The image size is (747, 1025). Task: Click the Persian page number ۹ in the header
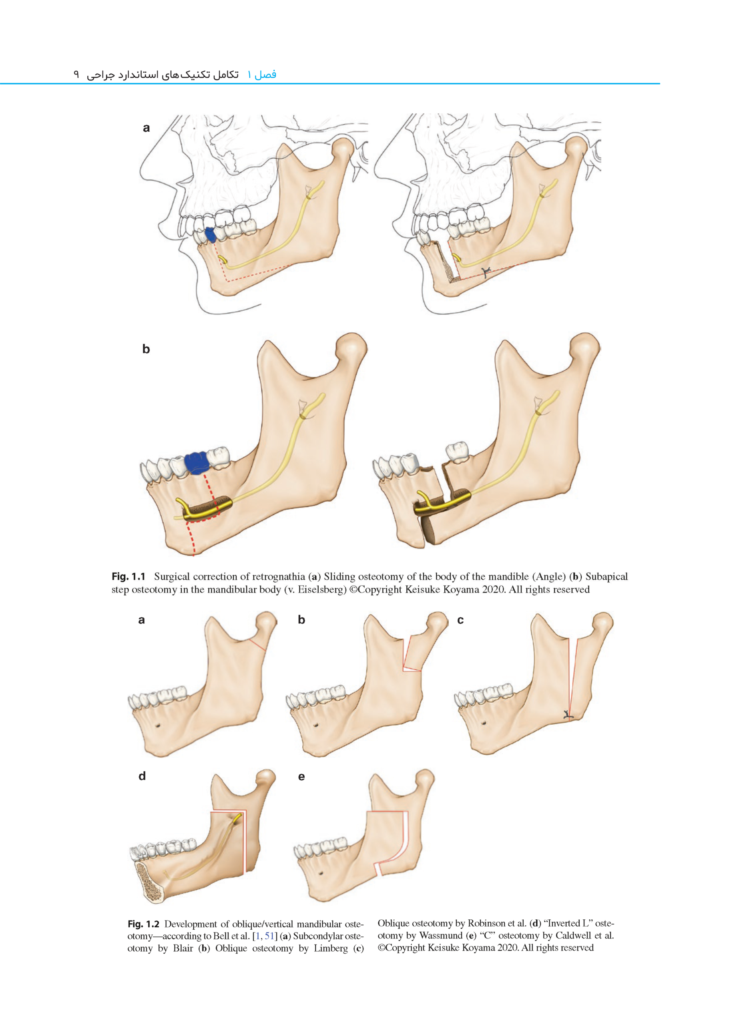tap(76, 74)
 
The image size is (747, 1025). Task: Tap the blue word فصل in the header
tap(265, 74)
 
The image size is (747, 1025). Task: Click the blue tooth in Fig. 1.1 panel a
tap(210, 235)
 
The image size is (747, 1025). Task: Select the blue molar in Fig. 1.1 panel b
tap(196, 462)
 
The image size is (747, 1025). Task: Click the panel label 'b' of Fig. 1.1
tap(146, 349)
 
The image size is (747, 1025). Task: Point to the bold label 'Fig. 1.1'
tap(129, 577)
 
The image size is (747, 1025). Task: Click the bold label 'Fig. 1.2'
tap(143, 924)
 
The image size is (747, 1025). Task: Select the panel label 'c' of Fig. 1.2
tap(460, 620)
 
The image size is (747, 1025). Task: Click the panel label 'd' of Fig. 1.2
tap(142, 776)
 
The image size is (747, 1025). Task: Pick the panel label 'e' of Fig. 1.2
tap(301, 777)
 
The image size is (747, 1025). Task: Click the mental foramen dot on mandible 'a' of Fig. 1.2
tap(157, 725)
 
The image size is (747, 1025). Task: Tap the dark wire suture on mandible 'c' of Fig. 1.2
tap(568, 715)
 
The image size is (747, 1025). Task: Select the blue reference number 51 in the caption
tap(269, 936)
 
